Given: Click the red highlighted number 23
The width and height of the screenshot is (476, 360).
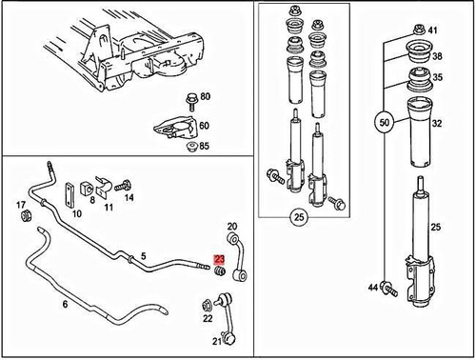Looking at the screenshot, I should [220, 257].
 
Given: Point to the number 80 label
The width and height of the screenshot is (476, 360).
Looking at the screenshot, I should [205, 97].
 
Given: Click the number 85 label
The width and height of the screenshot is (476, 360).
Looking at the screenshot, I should [205, 147].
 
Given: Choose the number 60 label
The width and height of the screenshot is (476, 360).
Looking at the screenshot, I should [205, 126].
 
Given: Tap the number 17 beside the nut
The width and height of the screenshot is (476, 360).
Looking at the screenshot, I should [21, 204].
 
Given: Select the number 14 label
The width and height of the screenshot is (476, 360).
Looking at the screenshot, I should [129, 197].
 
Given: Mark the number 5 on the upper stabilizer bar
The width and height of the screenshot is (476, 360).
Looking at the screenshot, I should [143, 255].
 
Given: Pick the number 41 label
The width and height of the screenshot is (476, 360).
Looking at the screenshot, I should [432, 31].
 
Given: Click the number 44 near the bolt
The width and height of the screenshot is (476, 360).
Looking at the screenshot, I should [372, 287].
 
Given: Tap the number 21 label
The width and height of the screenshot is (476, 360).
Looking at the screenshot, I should [215, 341].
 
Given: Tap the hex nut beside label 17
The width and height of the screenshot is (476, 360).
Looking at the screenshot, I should [27, 220].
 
